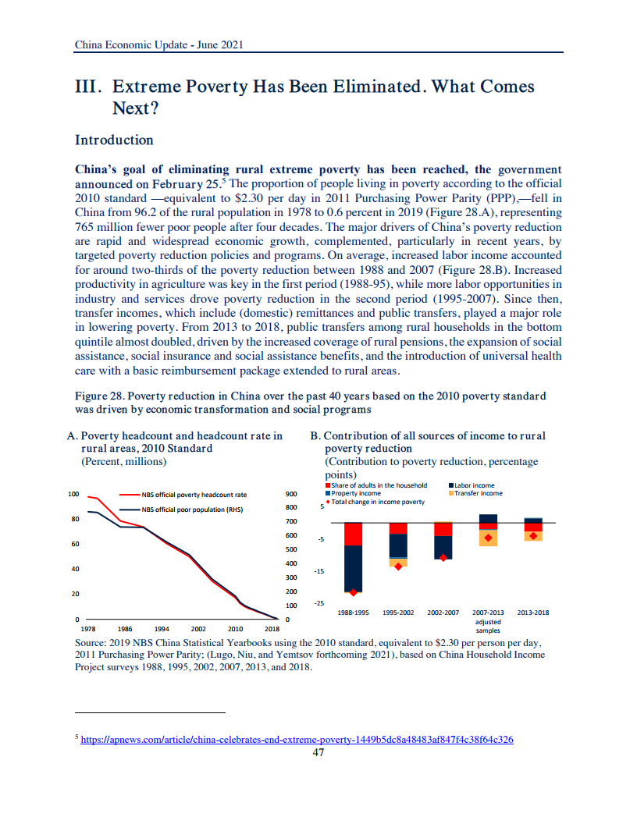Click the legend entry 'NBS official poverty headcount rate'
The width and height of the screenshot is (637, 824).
click(x=194, y=495)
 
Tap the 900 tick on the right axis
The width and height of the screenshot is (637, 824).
click(x=292, y=495)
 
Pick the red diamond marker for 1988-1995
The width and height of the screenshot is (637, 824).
click(x=353, y=592)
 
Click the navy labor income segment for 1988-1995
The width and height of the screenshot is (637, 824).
click(x=353, y=568)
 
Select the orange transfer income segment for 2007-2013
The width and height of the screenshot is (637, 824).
click(x=489, y=538)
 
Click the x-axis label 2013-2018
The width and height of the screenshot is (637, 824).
click(x=533, y=613)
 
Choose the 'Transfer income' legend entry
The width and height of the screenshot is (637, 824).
click(x=478, y=493)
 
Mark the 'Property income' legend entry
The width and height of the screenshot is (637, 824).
click(x=356, y=493)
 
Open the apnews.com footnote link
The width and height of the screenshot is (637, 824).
click(x=297, y=740)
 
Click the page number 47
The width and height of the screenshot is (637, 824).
click(x=318, y=753)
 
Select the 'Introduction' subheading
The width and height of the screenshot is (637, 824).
click(x=114, y=140)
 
